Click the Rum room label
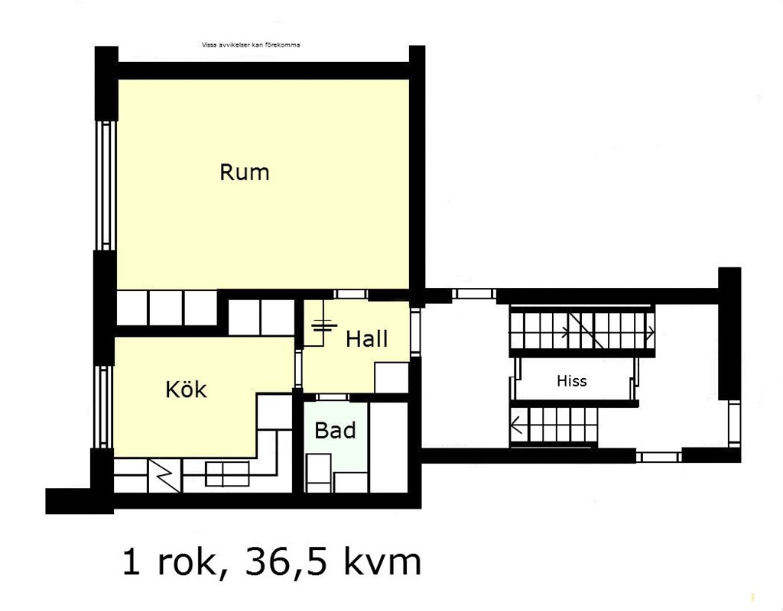pos(245,172)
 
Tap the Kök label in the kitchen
pos(186,389)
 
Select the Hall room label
pos(366,338)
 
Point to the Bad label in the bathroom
pos(335,430)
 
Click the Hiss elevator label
pos(572,381)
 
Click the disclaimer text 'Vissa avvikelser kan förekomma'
pos(251,45)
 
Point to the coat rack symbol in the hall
pos(324,327)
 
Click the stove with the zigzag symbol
pos(165,475)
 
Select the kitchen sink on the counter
pos(227,474)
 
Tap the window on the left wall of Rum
pos(106,185)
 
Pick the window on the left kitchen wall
pos(104,407)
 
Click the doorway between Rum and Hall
pos(352,294)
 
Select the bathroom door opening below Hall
pos(333,397)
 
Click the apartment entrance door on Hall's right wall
pos(415,331)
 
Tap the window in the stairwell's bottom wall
pos(659,457)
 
